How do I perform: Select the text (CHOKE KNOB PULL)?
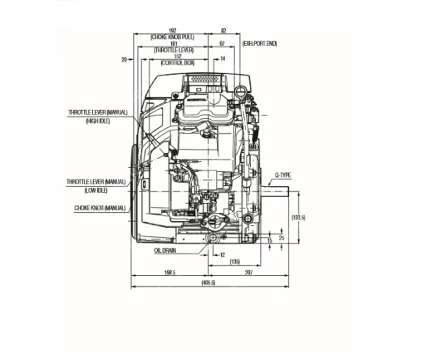pyautogui.click(x=173, y=37)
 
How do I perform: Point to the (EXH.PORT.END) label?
pyautogui.click(x=261, y=42)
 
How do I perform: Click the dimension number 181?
pyautogui.click(x=173, y=43)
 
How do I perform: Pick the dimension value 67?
pyautogui.click(x=222, y=43)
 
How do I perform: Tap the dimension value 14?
pyautogui.click(x=222, y=59)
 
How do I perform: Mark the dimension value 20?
pyautogui.click(x=124, y=59)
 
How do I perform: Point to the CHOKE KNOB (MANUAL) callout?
pyautogui.click(x=100, y=208)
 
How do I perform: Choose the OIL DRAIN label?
pyautogui.click(x=164, y=249)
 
